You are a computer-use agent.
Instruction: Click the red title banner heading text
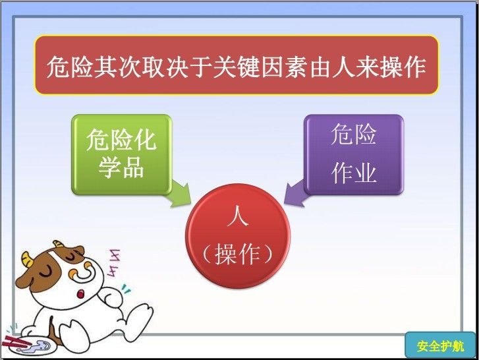[x=236, y=67]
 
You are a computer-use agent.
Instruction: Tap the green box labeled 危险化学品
[x=122, y=154]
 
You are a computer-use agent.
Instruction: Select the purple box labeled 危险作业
[x=354, y=154]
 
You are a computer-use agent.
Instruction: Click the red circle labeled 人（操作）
[x=238, y=236]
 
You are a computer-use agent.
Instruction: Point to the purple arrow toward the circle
[x=295, y=194]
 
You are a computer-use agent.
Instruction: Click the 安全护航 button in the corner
[x=440, y=345]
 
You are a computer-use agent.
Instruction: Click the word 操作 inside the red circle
[x=238, y=255]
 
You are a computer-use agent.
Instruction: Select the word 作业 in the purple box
[x=354, y=173]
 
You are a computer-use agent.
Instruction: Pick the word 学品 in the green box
[x=121, y=167]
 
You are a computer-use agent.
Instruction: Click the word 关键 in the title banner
[x=236, y=67]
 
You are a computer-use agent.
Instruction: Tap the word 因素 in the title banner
[x=284, y=67]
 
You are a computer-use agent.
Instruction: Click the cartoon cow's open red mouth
[x=80, y=294]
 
